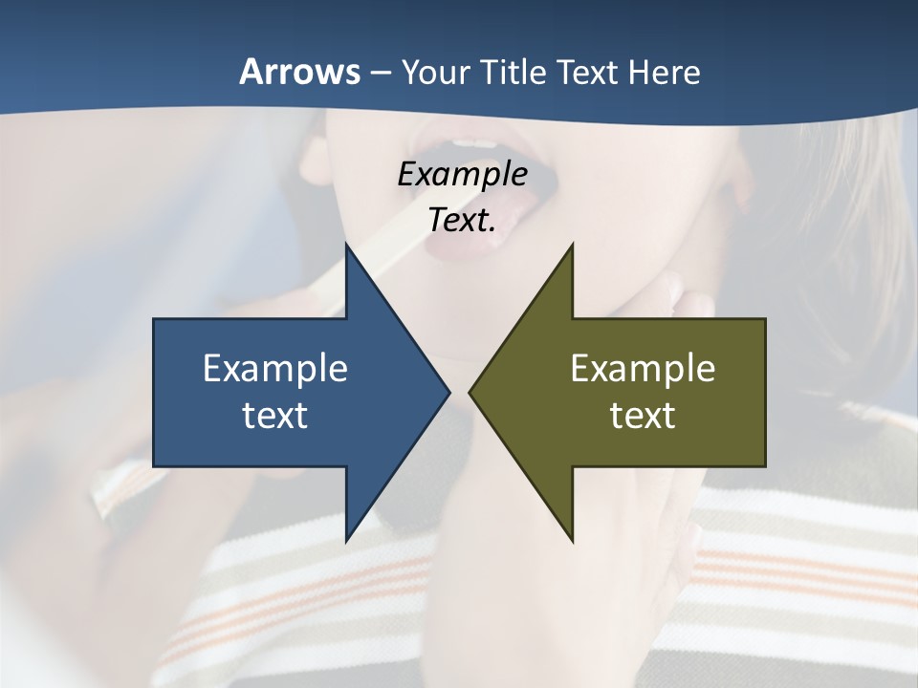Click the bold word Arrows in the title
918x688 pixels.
299,72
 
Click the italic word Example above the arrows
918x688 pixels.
462,174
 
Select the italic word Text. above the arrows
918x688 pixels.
462,220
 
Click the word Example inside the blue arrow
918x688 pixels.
275,368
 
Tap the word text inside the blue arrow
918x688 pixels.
275,415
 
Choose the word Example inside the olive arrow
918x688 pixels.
643,368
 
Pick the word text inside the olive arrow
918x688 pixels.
643,415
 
